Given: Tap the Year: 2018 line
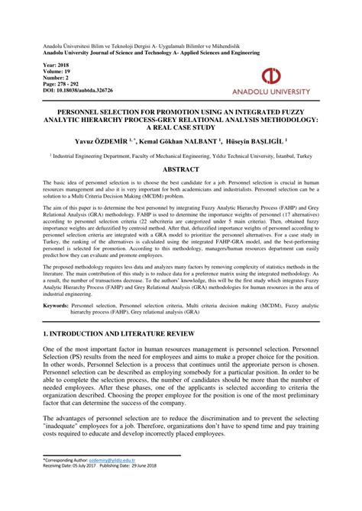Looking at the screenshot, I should pyautogui.click(x=56, y=66).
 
